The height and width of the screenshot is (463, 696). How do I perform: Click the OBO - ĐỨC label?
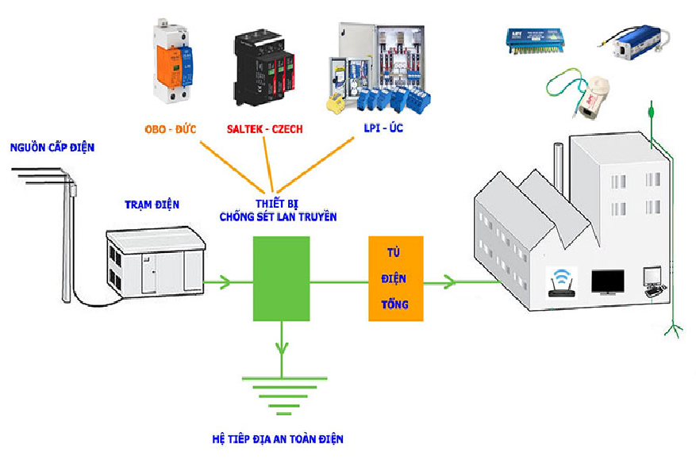click(x=171, y=129)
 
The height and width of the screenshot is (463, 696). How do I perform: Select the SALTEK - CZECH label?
click(x=264, y=129)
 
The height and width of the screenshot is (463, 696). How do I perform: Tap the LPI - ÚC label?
click(x=383, y=128)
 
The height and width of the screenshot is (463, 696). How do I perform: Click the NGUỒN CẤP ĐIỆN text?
click(x=52, y=147)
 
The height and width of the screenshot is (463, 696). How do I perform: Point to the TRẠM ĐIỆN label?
click(x=152, y=205)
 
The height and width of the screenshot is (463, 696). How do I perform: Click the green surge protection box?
click(x=282, y=278)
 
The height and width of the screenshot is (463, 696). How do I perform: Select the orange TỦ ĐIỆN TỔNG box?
click(x=396, y=278)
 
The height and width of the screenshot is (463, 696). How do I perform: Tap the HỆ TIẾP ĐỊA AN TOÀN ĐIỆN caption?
click(x=278, y=439)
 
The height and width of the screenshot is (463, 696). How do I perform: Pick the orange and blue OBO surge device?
click(x=173, y=61)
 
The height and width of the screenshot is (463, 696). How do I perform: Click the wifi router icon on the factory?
click(x=562, y=282)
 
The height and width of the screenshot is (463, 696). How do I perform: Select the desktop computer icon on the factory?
click(x=653, y=281)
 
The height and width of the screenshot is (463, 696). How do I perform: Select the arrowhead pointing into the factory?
click(x=450, y=282)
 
